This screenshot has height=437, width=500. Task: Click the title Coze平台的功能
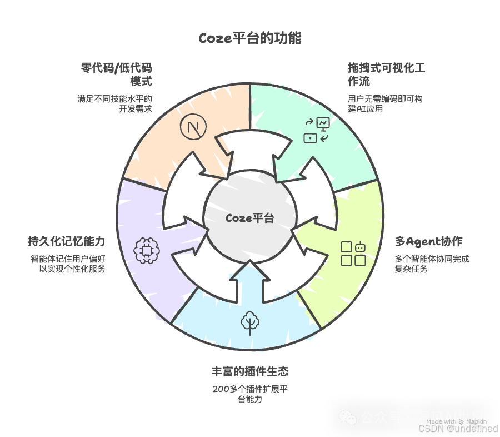[x=250, y=38]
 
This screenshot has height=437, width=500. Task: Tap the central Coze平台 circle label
[x=250, y=218]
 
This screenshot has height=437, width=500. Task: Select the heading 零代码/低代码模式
[x=117, y=75]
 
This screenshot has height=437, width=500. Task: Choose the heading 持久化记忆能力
[x=66, y=242]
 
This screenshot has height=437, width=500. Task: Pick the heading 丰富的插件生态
[x=250, y=371]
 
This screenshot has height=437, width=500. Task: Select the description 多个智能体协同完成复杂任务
[x=432, y=264]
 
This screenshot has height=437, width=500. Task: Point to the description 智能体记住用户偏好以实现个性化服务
[x=68, y=264]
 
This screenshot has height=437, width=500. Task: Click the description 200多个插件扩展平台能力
[x=250, y=394]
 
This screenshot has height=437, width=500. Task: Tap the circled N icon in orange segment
[x=193, y=127]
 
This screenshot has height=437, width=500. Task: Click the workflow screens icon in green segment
[x=317, y=130]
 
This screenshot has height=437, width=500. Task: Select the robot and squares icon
[x=353, y=253]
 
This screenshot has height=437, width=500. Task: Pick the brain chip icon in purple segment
[x=147, y=250]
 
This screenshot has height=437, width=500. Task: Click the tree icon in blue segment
[x=250, y=322]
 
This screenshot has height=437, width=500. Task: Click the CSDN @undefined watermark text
[x=457, y=428]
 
